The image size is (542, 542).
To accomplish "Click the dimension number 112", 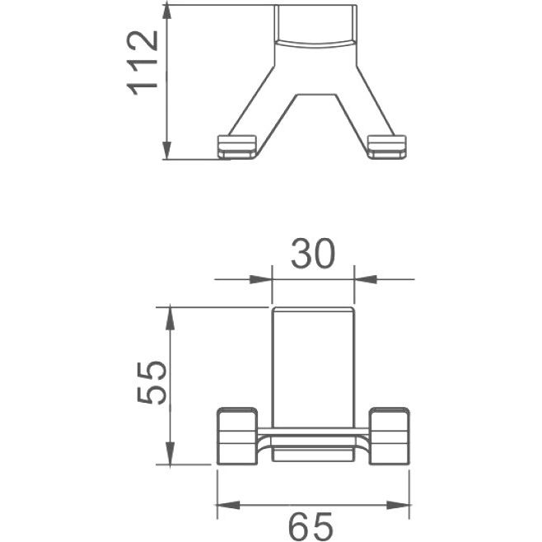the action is (x=143, y=63).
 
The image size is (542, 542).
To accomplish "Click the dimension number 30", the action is (x=313, y=253).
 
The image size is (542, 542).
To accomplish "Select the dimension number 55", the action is (x=152, y=383).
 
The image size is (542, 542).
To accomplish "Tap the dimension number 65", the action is (x=311, y=527).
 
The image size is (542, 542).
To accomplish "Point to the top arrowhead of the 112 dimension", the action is (x=167, y=14).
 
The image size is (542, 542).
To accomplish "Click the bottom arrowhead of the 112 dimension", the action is (x=167, y=151).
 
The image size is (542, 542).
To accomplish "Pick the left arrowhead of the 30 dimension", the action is (x=260, y=279).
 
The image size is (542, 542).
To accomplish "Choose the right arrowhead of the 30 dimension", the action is (x=366, y=279).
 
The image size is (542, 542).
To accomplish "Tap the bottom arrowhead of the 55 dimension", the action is (x=170, y=454).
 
